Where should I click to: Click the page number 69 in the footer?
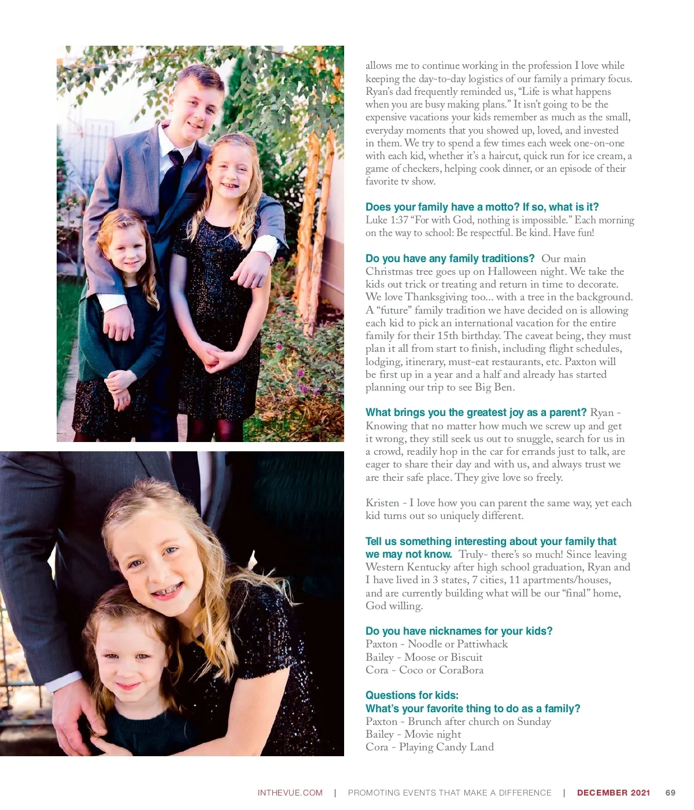click(670, 793)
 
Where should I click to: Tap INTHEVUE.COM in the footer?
click(290, 793)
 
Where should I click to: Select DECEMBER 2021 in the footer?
click(613, 793)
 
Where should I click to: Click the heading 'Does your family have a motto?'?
click(482, 207)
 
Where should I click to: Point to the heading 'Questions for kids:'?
click(412, 695)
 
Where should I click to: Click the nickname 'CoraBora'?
click(461, 670)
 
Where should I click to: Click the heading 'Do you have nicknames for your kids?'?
click(459, 631)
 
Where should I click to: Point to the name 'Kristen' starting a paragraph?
click(382, 503)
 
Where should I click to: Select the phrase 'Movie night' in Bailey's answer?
click(433, 734)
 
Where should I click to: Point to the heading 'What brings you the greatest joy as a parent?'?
click(476, 413)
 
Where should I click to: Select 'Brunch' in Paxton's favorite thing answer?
click(425, 721)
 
